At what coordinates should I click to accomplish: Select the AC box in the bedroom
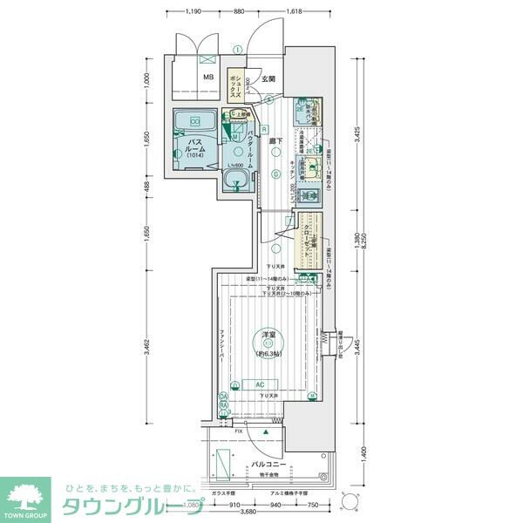[x=260, y=384]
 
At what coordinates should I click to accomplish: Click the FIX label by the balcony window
[x=239, y=431]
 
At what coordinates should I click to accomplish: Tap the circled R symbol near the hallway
[x=263, y=128]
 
